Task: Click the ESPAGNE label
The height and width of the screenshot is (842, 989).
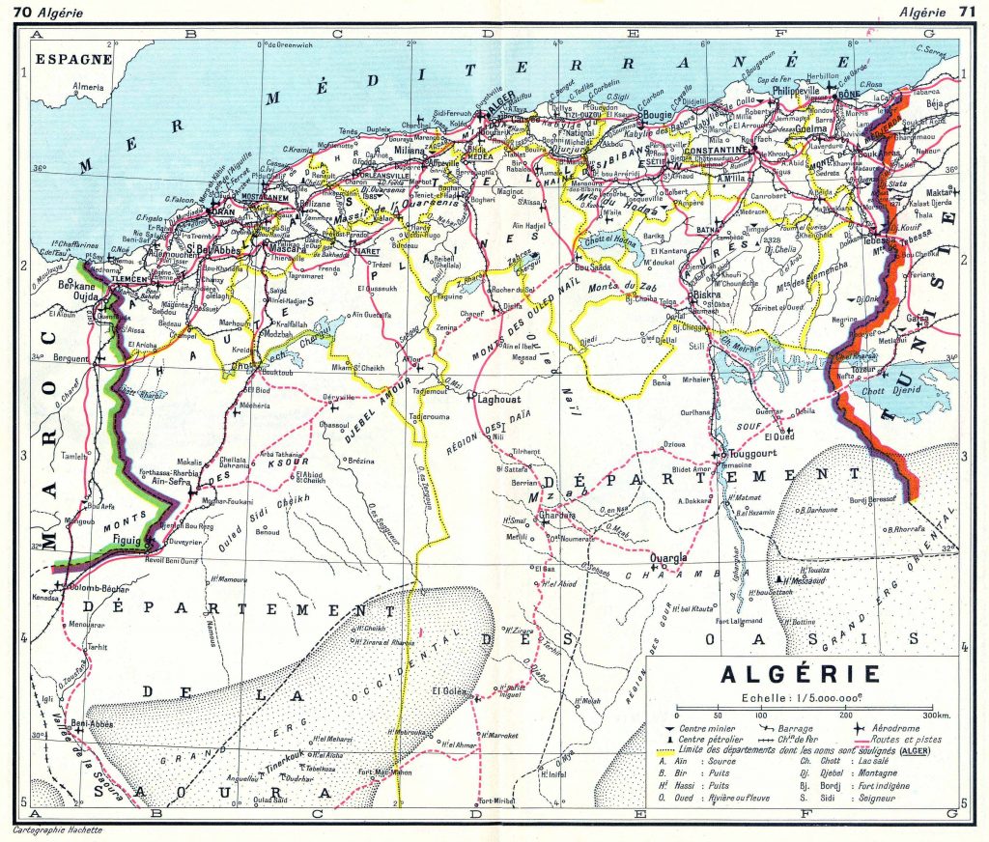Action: (x=73, y=58)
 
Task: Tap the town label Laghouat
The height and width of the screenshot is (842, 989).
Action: (x=499, y=397)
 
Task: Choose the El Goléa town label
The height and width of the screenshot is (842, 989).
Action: (x=450, y=690)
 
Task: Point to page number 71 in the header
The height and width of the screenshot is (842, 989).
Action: (x=967, y=13)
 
